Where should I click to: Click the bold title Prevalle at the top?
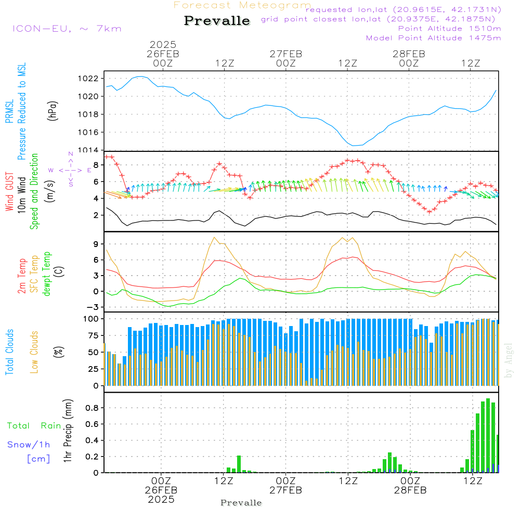[217, 21]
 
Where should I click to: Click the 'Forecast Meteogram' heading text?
[242, 5]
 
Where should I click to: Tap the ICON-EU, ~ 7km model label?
[67, 29]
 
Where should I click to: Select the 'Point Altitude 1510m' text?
[449, 29]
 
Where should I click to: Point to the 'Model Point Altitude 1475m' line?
[433, 38]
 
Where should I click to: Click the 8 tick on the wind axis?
[96, 165]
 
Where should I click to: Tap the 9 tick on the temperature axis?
[96, 243]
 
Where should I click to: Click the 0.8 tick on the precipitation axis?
[93, 408]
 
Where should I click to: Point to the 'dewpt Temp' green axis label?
[47, 274]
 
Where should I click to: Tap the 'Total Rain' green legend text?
[34, 426]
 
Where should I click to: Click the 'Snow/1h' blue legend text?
[29, 445]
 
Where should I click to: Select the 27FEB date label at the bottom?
[285, 490]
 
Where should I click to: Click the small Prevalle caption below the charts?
[241, 503]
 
